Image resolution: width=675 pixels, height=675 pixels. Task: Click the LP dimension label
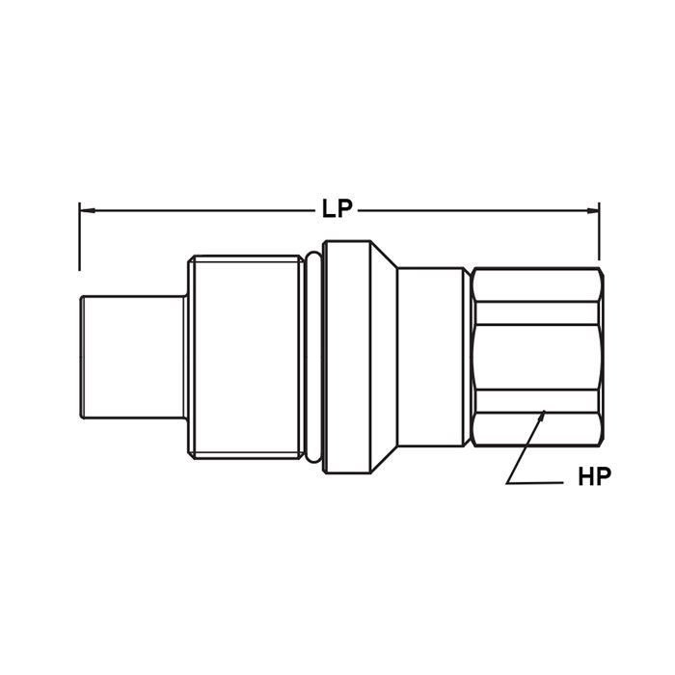pyautogui.click(x=337, y=207)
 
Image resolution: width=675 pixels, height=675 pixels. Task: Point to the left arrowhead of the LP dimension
pyautogui.click(x=83, y=207)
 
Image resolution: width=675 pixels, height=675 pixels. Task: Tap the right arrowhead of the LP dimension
pyautogui.click(x=595, y=207)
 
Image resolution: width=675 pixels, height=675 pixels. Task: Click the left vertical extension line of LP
pyautogui.click(x=79, y=236)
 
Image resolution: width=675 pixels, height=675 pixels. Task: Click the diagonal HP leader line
pyautogui.click(x=526, y=445)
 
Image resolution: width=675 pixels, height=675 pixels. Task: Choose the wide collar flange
pyautogui.click(x=347, y=356)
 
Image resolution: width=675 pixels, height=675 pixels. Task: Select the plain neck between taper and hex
pyautogui.click(x=434, y=356)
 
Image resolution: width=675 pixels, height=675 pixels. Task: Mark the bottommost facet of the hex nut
pyautogui.click(x=535, y=430)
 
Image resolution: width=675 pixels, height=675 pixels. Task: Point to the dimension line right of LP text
pyautogui.click(x=472, y=207)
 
